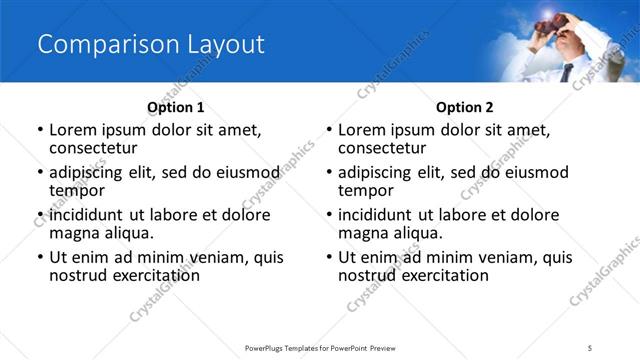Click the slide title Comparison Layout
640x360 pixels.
point(150,45)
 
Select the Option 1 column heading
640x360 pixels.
point(176,107)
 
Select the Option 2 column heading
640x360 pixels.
point(465,107)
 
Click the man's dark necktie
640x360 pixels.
point(566,72)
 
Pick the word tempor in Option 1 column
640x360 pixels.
point(77,190)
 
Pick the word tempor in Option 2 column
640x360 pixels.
point(366,190)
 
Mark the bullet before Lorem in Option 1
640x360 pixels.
point(39,131)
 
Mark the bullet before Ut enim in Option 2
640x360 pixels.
point(328,258)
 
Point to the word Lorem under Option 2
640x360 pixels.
point(361,130)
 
